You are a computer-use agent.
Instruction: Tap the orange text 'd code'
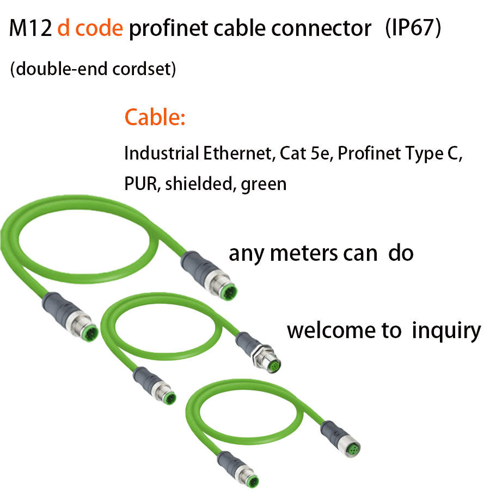coord(90,28)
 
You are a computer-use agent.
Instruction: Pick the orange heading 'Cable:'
coord(155,117)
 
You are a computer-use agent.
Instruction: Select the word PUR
coord(139,184)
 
